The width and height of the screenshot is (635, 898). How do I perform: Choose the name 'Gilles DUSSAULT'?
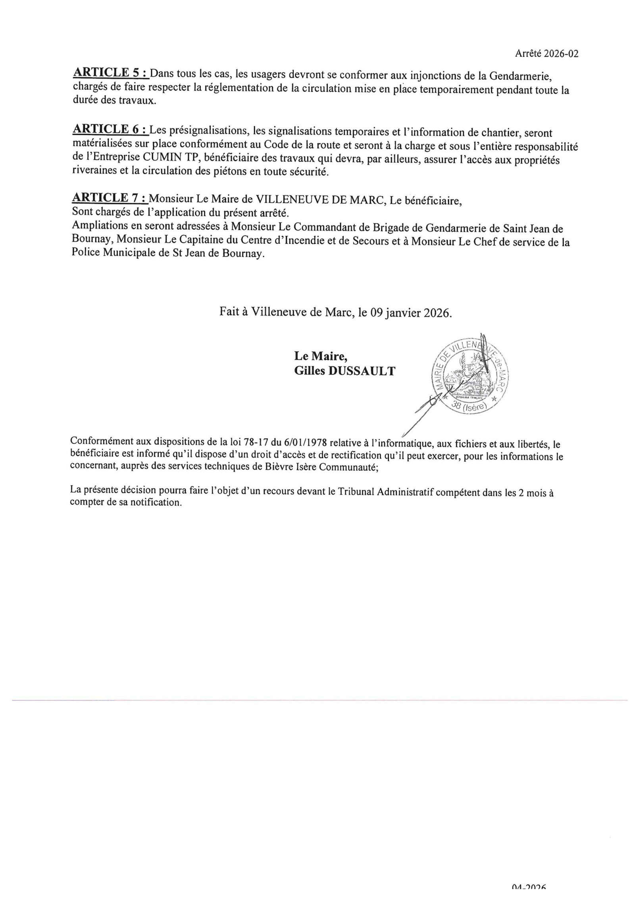coord(344,371)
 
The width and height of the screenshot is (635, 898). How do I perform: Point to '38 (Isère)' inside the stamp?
coord(470,407)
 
